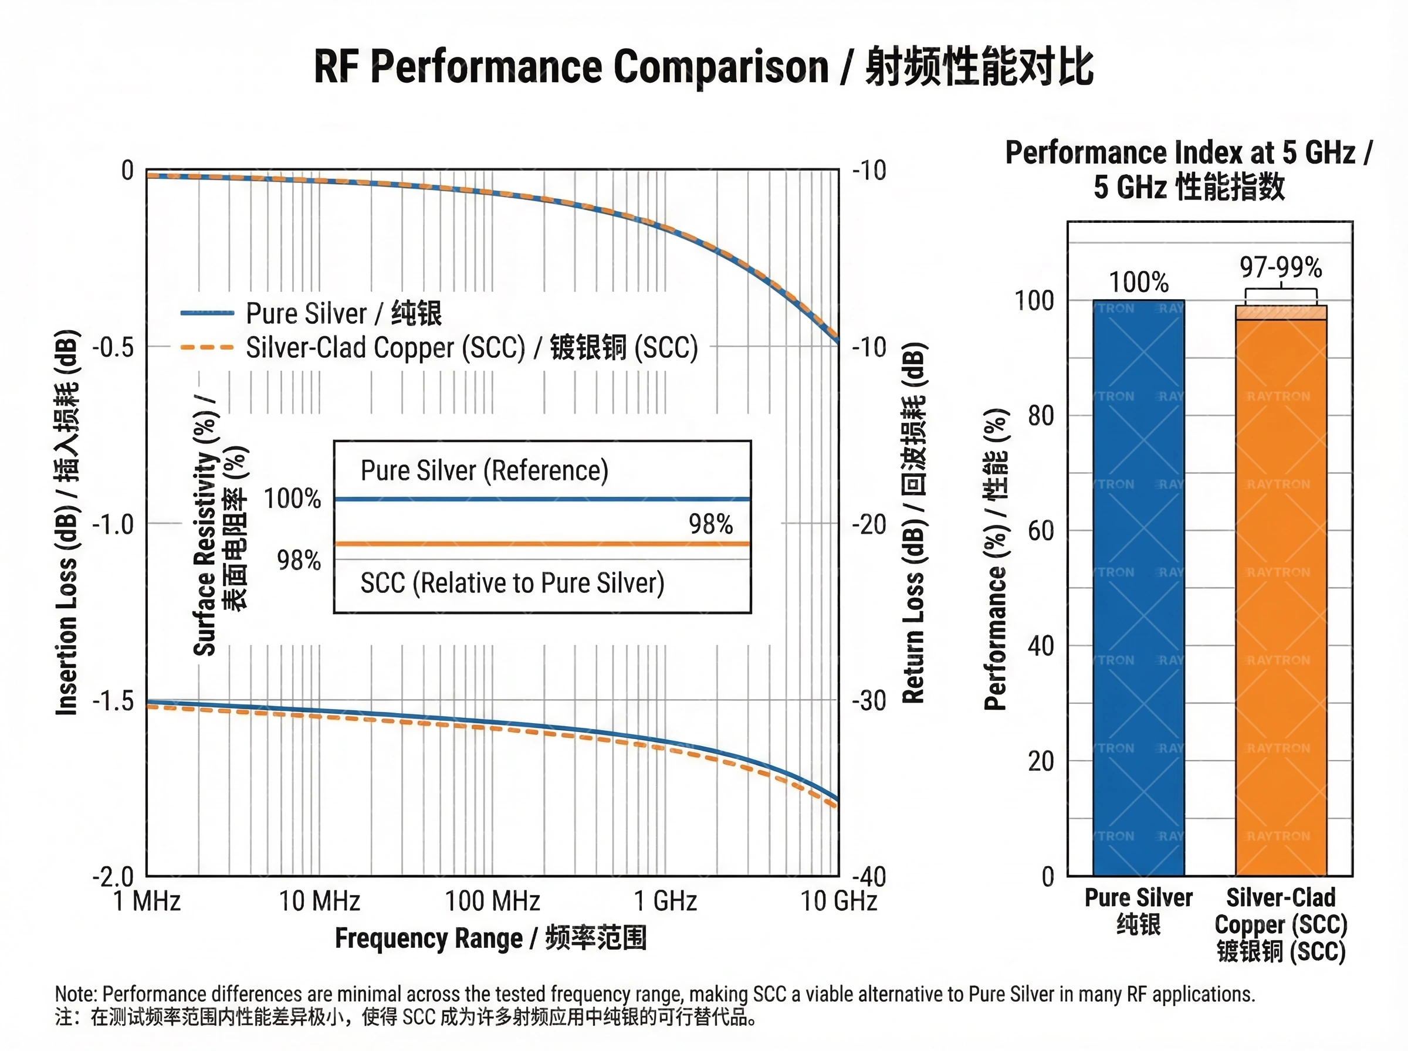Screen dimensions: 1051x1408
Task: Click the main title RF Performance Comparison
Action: point(703,67)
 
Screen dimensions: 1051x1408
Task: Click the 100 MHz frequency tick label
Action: point(492,901)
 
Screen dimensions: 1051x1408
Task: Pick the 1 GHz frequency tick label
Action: point(665,901)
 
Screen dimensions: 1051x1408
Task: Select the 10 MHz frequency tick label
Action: point(319,901)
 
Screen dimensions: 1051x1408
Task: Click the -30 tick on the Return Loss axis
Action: point(869,701)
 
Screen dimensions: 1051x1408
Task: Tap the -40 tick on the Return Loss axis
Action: point(869,877)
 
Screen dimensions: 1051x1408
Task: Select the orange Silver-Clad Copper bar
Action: point(1281,598)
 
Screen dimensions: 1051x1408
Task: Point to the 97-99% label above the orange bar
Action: point(1281,267)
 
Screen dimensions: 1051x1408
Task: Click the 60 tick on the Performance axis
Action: point(1041,531)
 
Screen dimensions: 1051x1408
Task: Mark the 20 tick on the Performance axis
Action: point(1041,761)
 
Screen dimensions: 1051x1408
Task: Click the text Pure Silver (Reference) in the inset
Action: point(484,471)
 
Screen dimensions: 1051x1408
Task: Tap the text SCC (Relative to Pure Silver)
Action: point(512,583)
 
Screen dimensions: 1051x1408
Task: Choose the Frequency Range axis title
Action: point(490,938)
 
